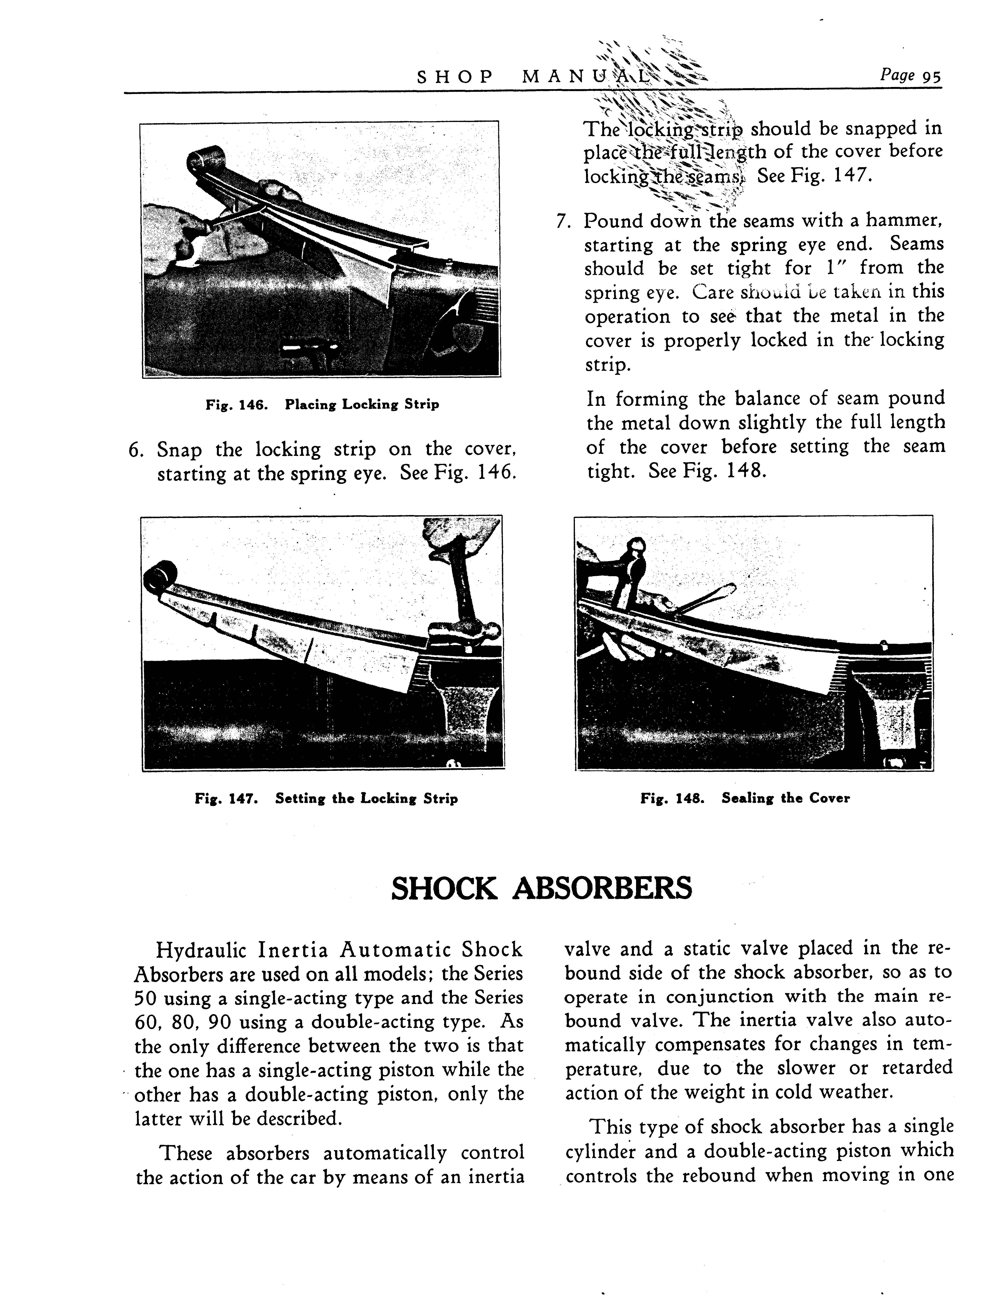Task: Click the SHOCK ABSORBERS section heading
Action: (x=541, y=888)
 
